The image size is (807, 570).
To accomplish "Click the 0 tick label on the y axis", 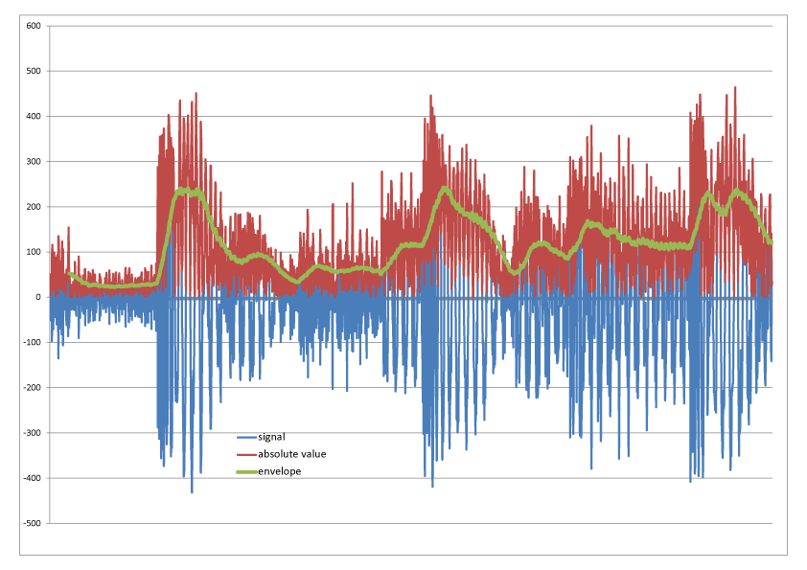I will coord(36,298).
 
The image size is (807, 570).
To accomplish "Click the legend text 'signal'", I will coord(272,437).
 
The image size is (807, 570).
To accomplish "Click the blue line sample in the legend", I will coord(246,437).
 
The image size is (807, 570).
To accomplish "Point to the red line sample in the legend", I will coord(246,454).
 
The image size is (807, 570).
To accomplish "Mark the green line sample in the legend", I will coord(246,471).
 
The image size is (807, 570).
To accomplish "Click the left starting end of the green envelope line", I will coord(68,274).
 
